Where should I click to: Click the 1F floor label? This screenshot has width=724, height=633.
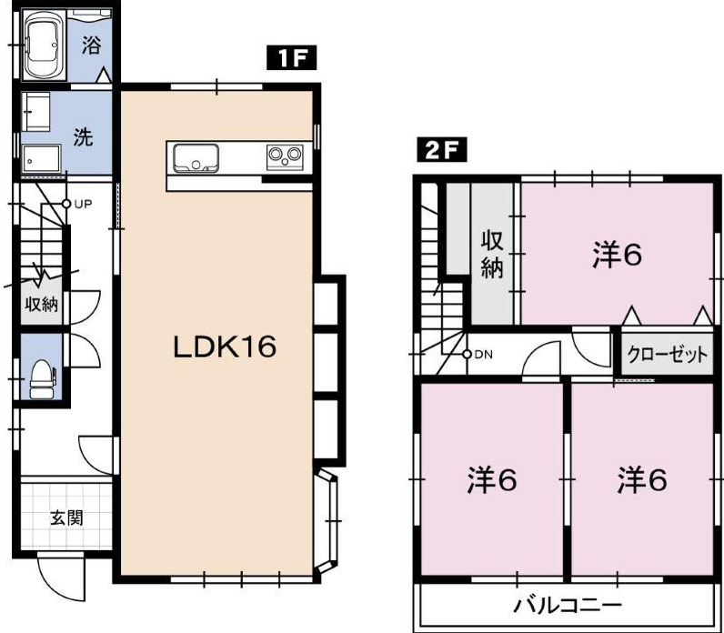click(x=291, y=57)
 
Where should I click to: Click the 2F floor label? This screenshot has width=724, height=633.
click(x=441, y=149)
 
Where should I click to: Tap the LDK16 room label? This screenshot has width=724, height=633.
click(x=225, y=347)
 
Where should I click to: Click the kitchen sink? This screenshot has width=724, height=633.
click(x=196, y=158)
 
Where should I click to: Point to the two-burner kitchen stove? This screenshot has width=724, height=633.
click(x=285, y=157)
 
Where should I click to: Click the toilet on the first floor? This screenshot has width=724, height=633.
click(x=42, y=378)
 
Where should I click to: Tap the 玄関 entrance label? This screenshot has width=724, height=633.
click(x=66, y=518)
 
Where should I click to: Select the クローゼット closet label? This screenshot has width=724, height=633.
click(x=667, y=354)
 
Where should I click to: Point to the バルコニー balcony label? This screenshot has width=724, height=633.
click(x=568, y=605)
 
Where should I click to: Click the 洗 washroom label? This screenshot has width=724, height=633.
click(x=83, y=136)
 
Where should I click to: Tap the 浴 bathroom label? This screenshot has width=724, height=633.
click(x=91, y=45)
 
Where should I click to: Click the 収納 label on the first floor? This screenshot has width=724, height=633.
click(x=42, y=305)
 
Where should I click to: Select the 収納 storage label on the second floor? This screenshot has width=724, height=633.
click(x=492, y=254)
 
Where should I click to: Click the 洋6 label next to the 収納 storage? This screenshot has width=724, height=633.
click(x=618, y=255)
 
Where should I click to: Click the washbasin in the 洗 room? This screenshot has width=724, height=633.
click(x=42, y=158)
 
